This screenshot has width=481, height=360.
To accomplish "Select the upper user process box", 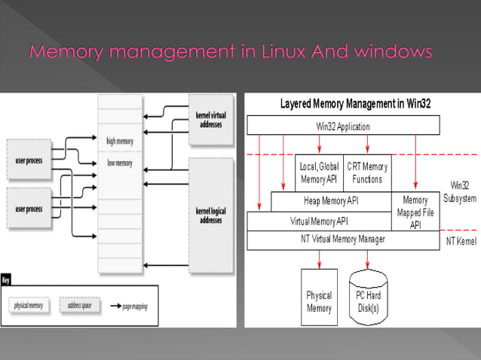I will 29,160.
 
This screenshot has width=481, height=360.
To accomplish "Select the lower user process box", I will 29,209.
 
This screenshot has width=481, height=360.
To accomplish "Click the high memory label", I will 120,140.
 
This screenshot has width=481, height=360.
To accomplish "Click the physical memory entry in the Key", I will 29,306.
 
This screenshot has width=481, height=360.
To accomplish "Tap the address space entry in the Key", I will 78,306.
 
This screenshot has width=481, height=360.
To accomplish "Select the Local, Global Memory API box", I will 320,172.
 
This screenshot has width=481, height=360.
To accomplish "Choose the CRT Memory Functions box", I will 367,172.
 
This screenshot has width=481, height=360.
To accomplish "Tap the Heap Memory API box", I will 330,201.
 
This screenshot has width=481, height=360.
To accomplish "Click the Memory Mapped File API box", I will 415,212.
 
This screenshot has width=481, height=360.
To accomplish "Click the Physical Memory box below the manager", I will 319,301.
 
